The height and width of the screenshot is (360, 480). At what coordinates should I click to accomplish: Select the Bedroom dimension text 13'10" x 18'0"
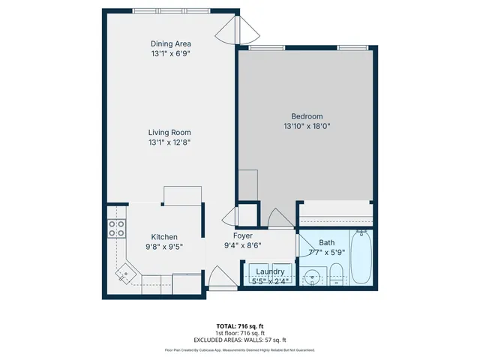point(307,127)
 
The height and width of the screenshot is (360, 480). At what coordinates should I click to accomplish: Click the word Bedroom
point(307,116)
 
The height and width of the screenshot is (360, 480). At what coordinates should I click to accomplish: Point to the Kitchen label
point(164,236)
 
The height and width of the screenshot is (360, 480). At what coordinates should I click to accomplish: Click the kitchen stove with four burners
point(116,229)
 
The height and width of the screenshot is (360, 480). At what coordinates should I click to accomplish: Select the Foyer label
point(242,235)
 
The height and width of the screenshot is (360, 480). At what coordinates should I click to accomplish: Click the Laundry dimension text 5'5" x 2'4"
point(269,281)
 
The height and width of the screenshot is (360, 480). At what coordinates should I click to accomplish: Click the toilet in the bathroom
point(336,274)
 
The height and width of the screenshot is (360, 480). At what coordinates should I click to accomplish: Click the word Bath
point(327,242)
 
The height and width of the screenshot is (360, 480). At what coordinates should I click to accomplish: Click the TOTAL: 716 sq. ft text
point(240,326)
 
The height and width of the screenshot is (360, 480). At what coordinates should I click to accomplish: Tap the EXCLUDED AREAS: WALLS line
point(240,340)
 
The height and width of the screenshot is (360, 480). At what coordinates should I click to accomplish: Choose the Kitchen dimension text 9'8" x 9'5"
point(164,246)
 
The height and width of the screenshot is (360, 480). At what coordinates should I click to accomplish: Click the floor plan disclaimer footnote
point(240,350)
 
